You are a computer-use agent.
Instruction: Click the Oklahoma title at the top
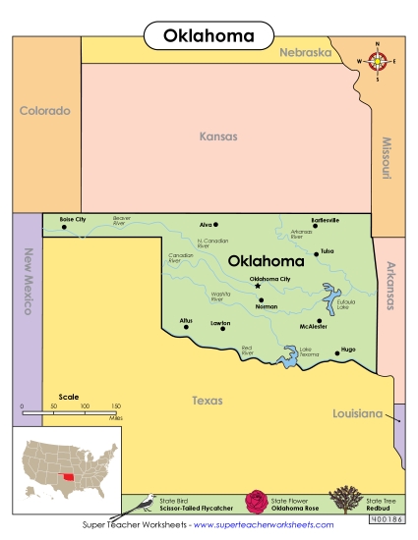[208, 36]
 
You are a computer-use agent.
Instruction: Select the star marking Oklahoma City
[259, 286]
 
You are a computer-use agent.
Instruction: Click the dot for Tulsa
[316, 253]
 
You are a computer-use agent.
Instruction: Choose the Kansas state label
[218, 136]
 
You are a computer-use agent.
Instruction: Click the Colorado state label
[45, 111]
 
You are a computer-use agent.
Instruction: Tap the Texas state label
[207, 401]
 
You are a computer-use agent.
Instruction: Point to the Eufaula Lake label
[345, 304]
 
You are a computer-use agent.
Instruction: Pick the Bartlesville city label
[325, 220]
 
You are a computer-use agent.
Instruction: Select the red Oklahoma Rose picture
[258, 502]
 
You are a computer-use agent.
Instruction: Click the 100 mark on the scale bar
[85, 405]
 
